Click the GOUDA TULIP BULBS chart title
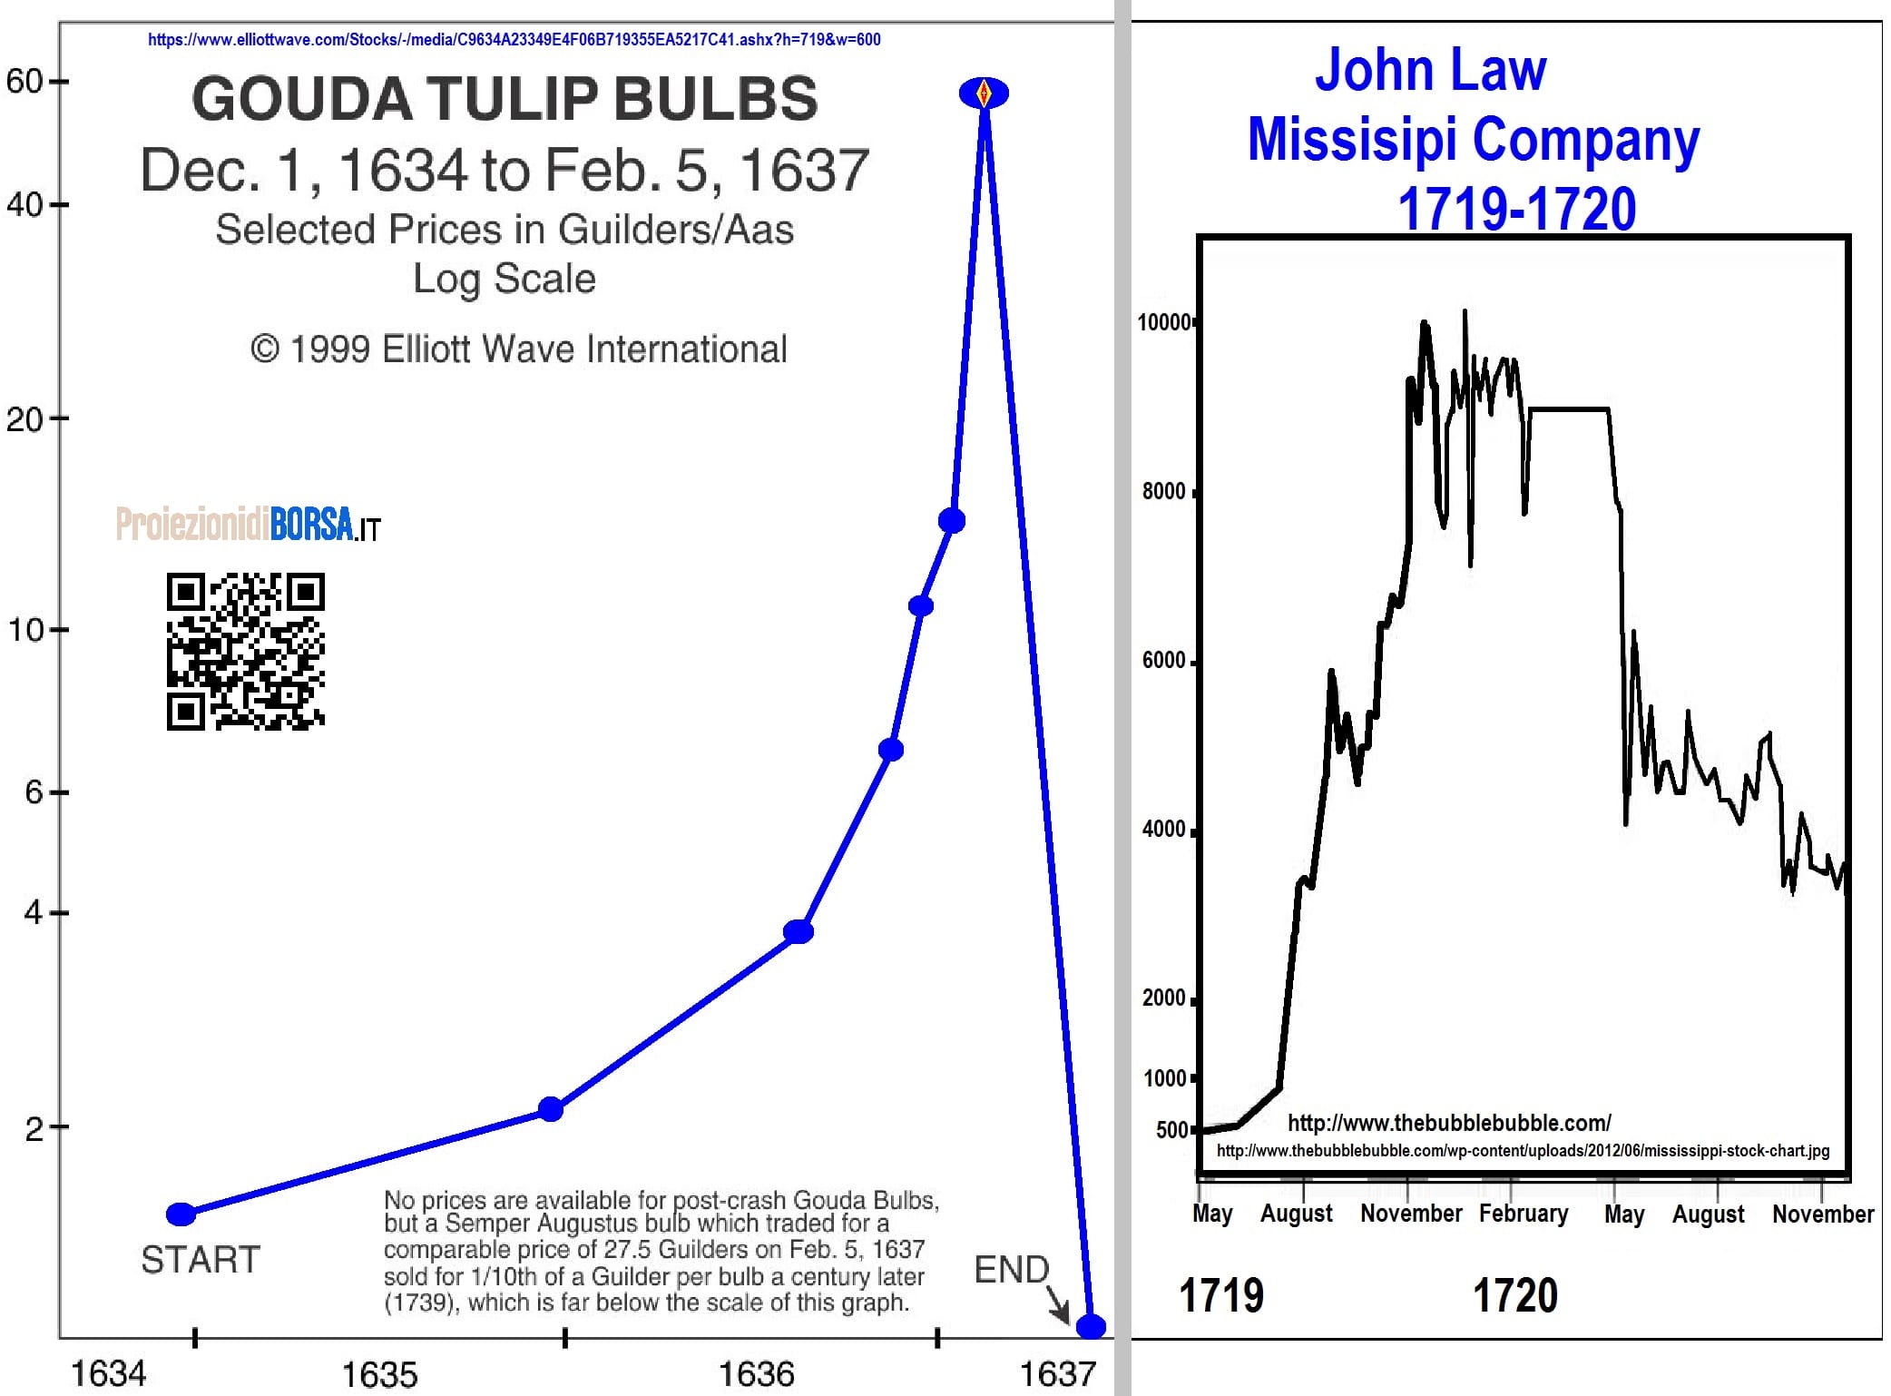click(x=505, y=98)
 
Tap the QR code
click(x=245, y=651)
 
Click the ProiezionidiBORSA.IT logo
click(x=248, y=525)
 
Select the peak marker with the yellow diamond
click(x=984, y=93)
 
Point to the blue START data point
click(x=181, y=1214)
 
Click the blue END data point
click(x=1091, y=1326)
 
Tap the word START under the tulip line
click(x=201, y=1260)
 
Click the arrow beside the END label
click(x=1058, y=1305)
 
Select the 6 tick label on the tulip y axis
click(x=34, y=792)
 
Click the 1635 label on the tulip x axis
click(x=379, y=1374)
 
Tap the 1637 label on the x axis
click(x=1058, y=1374)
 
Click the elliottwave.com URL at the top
click(x=514, y=40)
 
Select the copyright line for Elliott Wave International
click(x=518, y=349)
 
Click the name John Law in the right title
click(x=1430, y=70)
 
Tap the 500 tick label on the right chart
click(x=1171, y=1130)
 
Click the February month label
click(x=1523, y=1214)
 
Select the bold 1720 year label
click(x=1514, y=1295)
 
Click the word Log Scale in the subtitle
click(x=505, y=279)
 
